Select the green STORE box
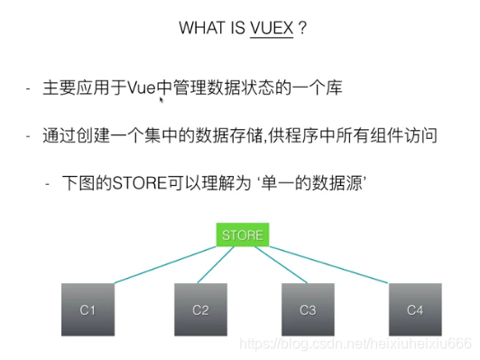tap(244, 235)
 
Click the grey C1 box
tap(88, 309)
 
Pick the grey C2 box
tap(200, 309)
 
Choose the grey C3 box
tap(309, 309)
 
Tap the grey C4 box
tap(415, 309)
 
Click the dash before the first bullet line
tap(29, 90)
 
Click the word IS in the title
tap(237, 29)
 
